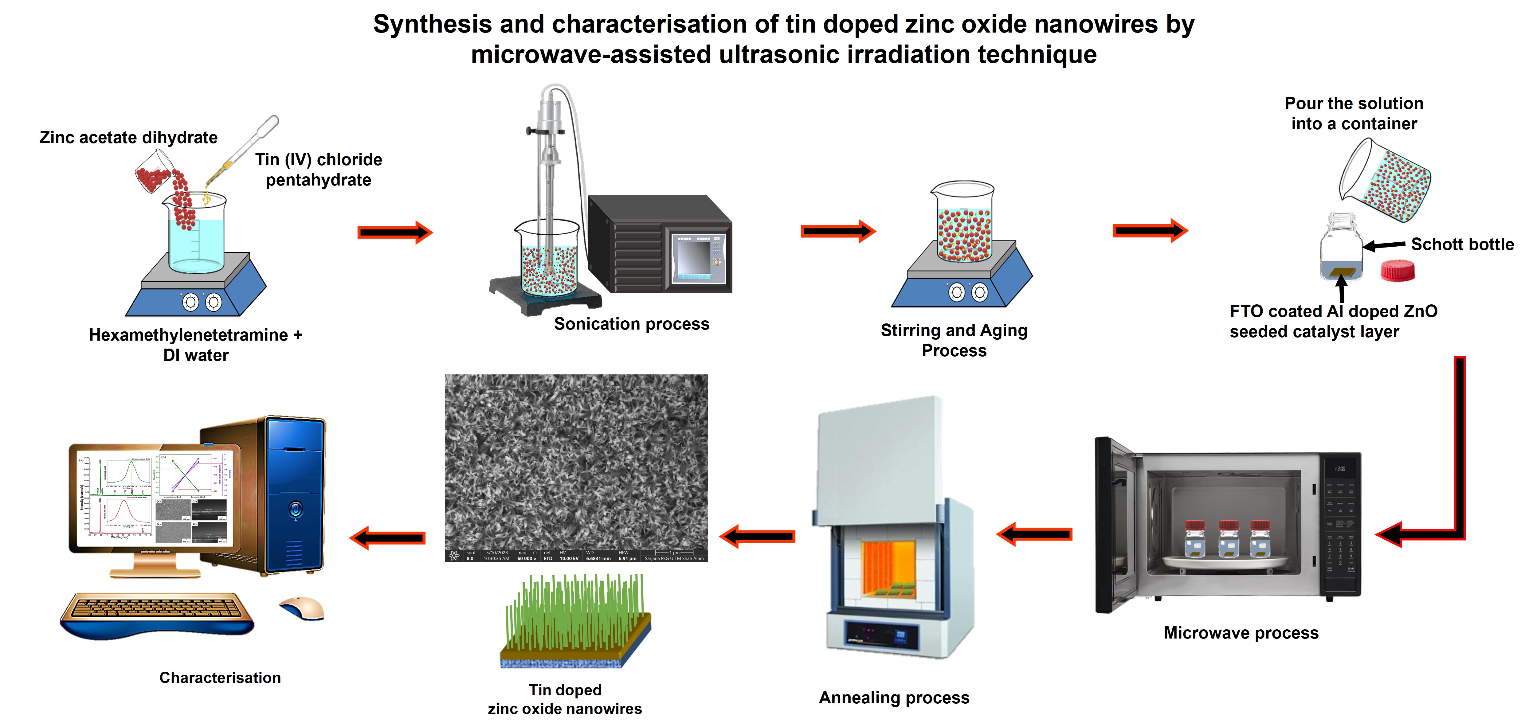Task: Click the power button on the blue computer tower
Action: [296, 509]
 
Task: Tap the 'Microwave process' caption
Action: [1241, 633]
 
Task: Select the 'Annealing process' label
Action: [894, 698]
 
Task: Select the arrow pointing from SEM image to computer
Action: [388, 537]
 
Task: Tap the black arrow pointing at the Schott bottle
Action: [1384, 244]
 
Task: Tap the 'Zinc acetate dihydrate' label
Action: [128, 137]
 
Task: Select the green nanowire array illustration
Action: [574, 619]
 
